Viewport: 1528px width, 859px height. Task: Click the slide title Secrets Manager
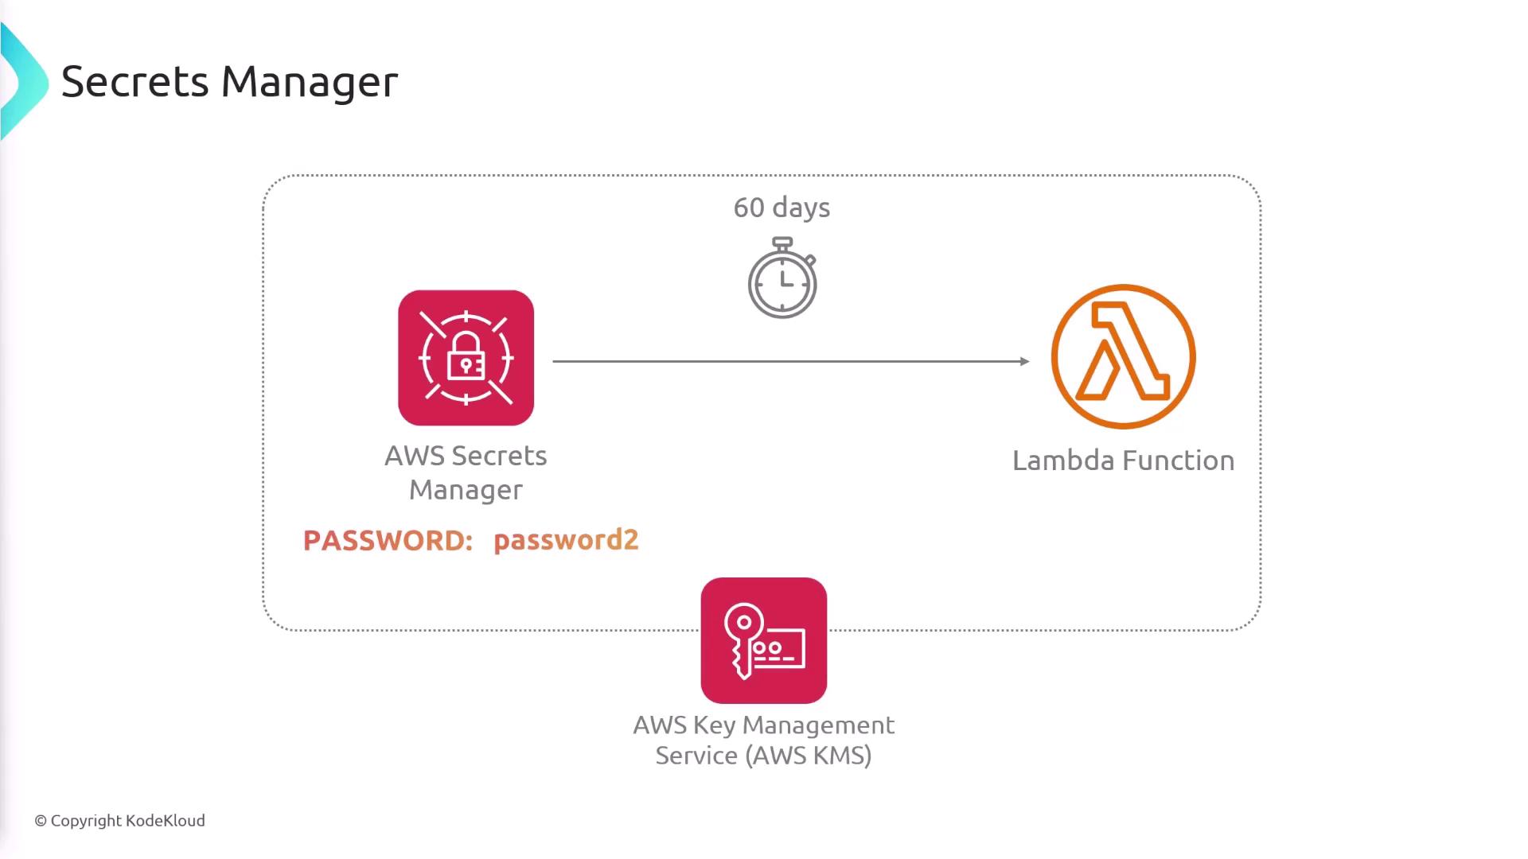click(x=229, y=82)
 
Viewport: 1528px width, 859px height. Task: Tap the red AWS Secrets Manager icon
click(x=466, y=358)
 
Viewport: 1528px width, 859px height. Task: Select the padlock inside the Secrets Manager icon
click(x=466, y=357)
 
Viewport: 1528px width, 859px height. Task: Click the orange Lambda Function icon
click(x=1123, y=356)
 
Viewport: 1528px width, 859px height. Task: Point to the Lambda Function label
click(x=1123, y=461)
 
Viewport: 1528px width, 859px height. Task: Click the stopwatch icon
click(x=782, y=279)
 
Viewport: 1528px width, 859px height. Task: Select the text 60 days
click(x=782, y=208)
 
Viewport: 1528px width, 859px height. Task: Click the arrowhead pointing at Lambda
click(x=1024, y=361)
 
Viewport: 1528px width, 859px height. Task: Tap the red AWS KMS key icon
click(x=763, y=640)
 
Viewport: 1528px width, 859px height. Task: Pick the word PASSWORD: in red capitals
click(x=388, y=541)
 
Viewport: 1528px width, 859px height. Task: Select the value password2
click(x=566, y=540)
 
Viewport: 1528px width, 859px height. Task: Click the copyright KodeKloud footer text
click(x=119, y=821)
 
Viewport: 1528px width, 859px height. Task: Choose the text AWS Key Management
click(x=763, y=725)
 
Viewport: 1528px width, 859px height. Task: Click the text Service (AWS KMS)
click(x=763, y=756)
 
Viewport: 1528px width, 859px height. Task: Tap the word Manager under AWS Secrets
click(x=466, y=490)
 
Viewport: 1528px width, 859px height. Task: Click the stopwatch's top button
click(x=782, y=242)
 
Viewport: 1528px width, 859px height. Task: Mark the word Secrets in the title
click(x=134, y=82)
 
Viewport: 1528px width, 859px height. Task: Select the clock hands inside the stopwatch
click(x=785, y=280)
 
